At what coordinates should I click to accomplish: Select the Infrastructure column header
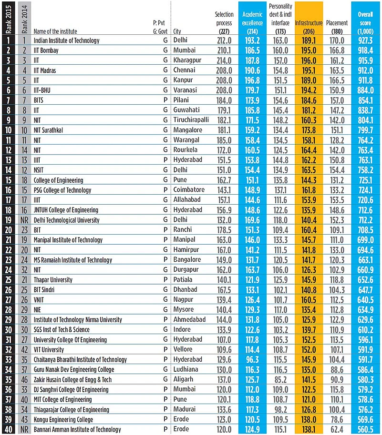tap(309, 23)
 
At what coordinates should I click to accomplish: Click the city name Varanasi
tap(186, 90)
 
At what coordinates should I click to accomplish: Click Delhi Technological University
tap(66, 220)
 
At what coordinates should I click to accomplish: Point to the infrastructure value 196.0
tap(309, 60)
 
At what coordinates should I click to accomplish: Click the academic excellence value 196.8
tap(252, 80)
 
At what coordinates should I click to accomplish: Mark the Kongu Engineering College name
tap(64, 420)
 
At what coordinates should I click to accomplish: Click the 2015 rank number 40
tap(9, 430)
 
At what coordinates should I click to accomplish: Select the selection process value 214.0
tap(224, 60)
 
